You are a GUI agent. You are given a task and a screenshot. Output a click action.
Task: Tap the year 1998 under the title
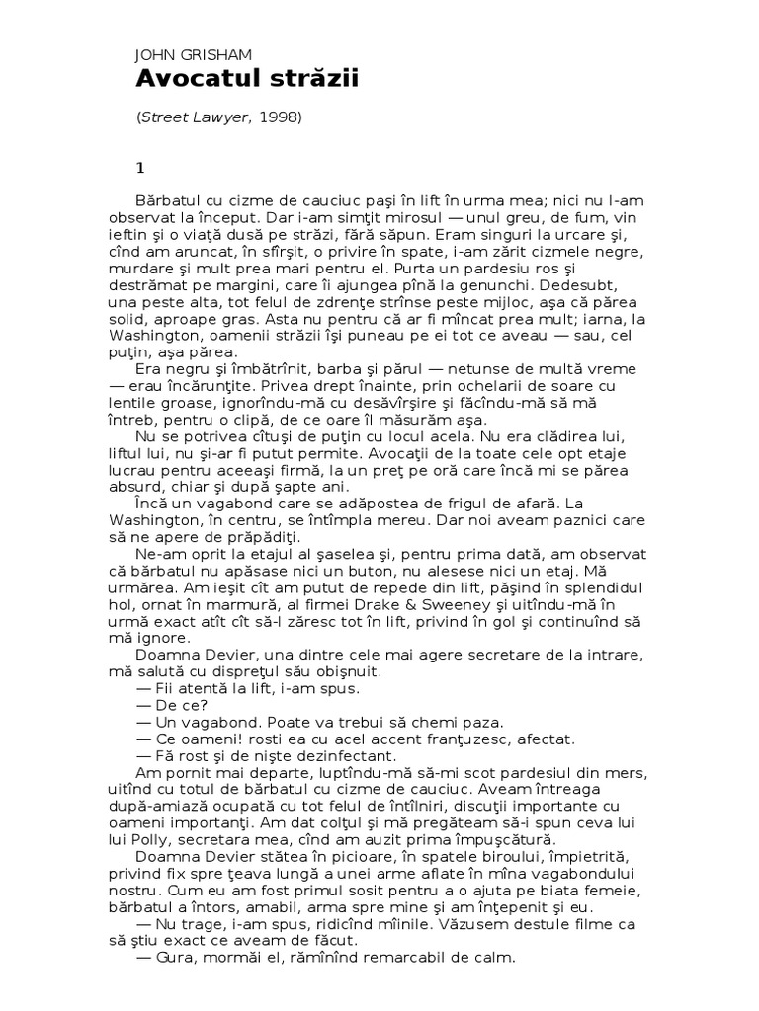[x=278, y=117]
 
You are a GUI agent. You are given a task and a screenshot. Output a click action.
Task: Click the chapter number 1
[x=139, y=166]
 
